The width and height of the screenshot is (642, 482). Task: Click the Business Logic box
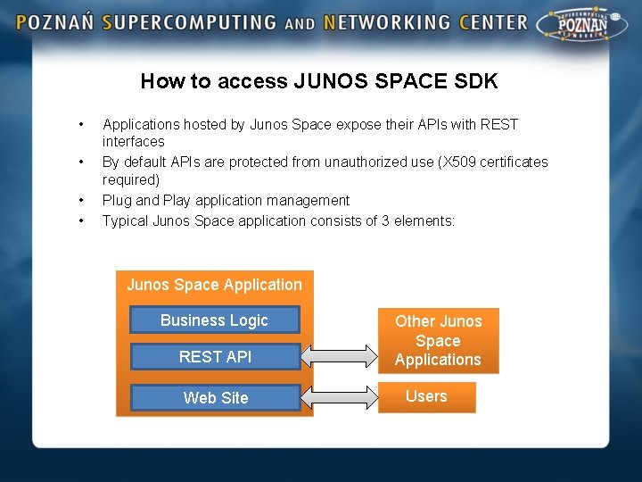(x=214, y=320)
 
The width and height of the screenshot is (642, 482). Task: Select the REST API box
(x=215, y=356)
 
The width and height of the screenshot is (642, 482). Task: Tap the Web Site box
(x=215, y=397)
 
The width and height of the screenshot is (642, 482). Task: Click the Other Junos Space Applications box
(x=438, y=340)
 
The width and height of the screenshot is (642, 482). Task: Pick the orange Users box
(x=426, y=396)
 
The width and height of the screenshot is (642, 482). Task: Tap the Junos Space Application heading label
(x=214, y=285)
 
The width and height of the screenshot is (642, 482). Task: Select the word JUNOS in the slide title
(x=328, y=81)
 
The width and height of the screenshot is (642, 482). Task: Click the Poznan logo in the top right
(x=584, y=28)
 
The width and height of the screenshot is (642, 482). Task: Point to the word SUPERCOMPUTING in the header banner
(x=189, y=23)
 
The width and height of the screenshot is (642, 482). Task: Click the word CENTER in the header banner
(x=494, y=23)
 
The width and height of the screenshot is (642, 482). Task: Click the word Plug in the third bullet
(x=117, y=200)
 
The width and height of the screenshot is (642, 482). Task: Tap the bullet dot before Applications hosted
(x=81, y=124)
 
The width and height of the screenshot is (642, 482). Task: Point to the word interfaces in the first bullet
(x=133, y=141)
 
